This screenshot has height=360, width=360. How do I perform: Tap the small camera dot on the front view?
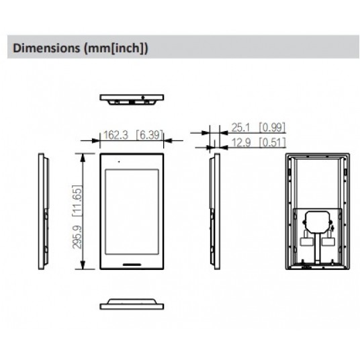click(x=118, y=162)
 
